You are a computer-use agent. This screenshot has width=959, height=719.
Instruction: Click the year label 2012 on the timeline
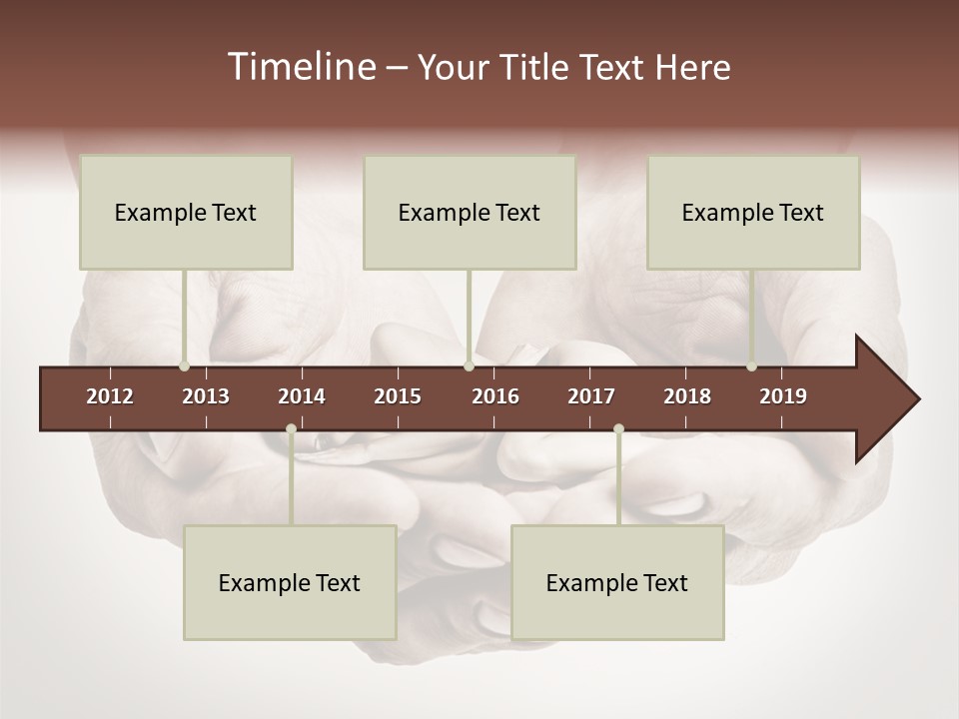click(110, 396)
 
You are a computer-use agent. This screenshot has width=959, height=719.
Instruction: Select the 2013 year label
click(206, 396)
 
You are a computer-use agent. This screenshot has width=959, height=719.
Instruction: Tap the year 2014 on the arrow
click(302, 396)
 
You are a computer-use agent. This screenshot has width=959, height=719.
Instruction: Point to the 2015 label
click(398, 396)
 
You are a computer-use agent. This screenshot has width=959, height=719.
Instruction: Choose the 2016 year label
click(495, 396)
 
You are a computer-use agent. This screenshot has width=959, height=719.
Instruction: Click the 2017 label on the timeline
click(591, 396)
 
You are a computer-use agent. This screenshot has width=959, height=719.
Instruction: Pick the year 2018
click(687, 396)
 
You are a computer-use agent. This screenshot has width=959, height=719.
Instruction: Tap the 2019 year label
click(783, 396)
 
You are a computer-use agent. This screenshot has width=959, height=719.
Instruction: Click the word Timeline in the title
click(301, 67)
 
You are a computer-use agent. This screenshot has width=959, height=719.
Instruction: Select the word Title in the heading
click(538, 68)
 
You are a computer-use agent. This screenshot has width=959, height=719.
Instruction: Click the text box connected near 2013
click(186, 212)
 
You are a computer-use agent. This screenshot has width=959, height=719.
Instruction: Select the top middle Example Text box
click(470, 212)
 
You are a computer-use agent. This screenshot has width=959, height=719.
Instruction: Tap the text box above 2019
click(753, 212)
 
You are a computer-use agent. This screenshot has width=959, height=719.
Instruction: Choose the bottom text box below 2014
click(290, 582)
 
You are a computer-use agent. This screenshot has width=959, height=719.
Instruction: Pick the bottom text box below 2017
click(617, 582)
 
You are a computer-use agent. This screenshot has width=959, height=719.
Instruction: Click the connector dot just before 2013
click(184, 366)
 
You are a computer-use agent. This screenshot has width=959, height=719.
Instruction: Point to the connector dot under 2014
click(291, 429)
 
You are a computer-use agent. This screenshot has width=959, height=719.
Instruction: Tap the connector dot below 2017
click(618, 429)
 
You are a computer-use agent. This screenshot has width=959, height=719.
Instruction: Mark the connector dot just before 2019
click(752, 366)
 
